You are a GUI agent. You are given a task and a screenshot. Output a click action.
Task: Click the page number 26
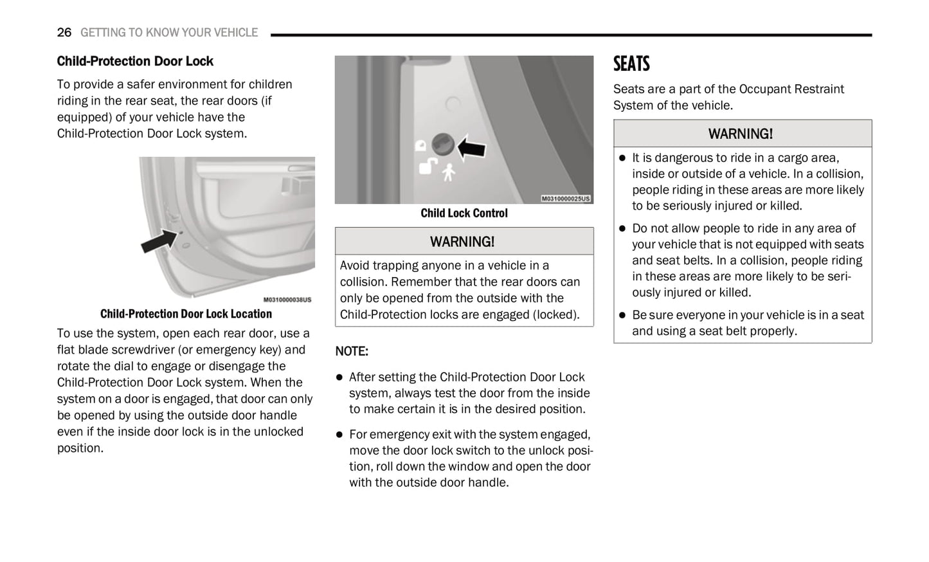64,32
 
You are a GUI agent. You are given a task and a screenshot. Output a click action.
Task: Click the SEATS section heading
631,64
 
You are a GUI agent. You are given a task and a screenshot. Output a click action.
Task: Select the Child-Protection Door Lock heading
135,61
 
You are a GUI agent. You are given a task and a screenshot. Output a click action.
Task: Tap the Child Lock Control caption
464,213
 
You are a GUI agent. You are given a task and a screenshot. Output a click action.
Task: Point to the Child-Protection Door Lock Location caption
186,314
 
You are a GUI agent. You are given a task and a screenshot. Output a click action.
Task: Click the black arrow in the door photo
159,240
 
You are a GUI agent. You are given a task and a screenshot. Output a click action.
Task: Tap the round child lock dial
442,145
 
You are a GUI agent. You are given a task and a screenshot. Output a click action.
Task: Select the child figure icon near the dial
449,172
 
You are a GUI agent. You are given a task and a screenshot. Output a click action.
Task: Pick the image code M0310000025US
565,199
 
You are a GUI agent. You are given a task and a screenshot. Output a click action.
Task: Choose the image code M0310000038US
287,300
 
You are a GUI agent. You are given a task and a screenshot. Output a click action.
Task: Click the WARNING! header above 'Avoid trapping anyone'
462,242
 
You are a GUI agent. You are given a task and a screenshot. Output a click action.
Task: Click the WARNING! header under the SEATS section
741,134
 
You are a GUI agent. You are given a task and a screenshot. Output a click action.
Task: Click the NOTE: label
352,351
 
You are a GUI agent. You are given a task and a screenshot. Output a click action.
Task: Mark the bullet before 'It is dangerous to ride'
622,158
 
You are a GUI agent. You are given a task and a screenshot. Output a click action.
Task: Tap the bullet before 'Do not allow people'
622,229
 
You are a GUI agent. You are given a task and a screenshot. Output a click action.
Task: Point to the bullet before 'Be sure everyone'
622,316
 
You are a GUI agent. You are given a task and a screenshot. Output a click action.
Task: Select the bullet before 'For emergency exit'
339,435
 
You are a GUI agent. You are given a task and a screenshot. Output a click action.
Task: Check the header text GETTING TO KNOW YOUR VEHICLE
169,32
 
